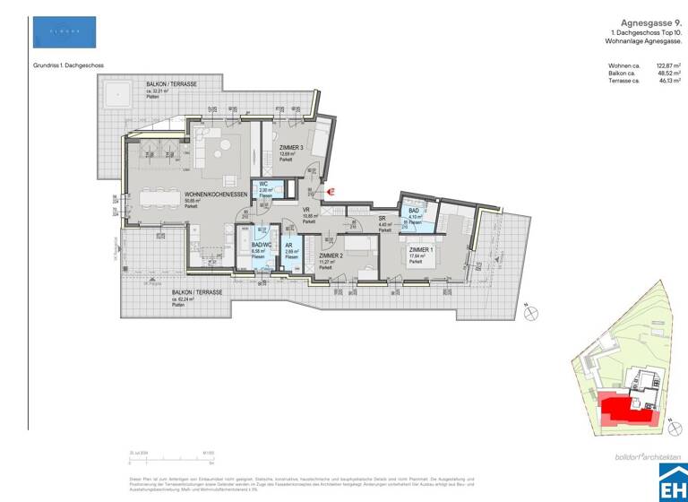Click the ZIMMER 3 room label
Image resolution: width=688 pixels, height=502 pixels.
coord(291,148)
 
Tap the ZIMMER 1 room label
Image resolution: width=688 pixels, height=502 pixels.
coord(421,250)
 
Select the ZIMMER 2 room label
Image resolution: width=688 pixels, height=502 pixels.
coord(330,255)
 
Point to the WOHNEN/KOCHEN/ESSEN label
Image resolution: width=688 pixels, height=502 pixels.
coord(215,195)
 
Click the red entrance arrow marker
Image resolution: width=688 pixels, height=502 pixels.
coord(329,189)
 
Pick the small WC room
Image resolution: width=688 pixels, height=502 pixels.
coord(266,189)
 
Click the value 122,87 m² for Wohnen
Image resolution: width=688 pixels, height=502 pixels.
coord(668,65)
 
